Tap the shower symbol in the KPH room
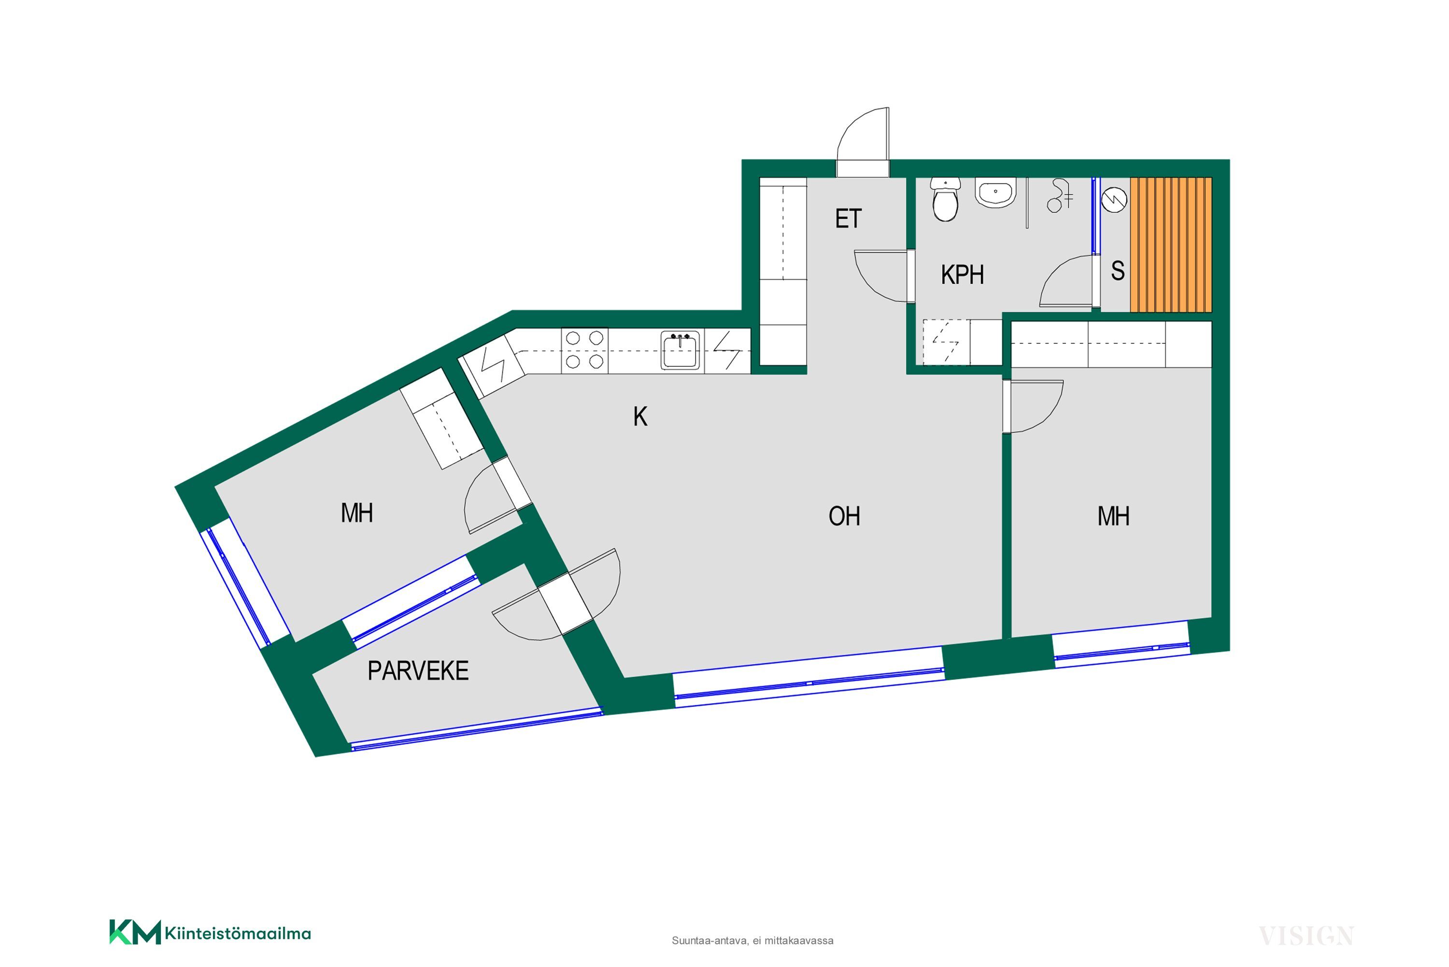coord(1059,196)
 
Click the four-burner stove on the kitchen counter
coord(584,350)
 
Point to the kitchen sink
coord(680,350)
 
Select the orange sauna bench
coord(1170,245)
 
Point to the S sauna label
coord(1117,271)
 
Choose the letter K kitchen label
coord(640,417)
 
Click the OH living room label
coord(844,516)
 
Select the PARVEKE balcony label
coord(418,671)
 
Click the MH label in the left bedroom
coord(356,513)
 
